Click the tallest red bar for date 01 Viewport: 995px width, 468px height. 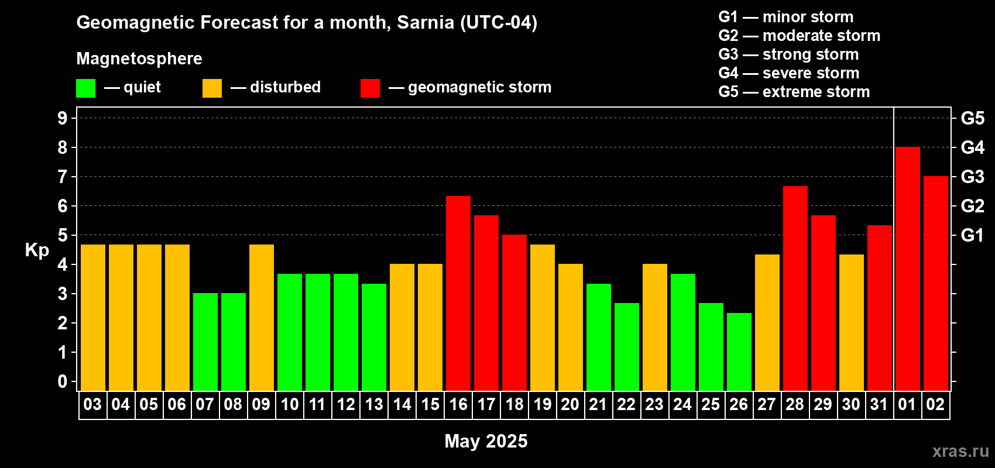click(907, 269)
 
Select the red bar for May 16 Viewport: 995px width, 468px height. click(458, 293)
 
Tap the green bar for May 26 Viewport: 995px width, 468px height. click(739, 352)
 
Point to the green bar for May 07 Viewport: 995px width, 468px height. click(205, 342)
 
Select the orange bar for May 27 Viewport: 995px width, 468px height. click(767, 322)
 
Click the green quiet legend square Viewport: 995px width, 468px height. click(86, 88)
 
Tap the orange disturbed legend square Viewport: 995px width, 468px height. click(212, 88)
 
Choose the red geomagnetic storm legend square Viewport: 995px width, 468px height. click(370, 88)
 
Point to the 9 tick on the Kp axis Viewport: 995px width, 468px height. click(63, 118)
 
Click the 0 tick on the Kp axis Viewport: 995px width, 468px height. click(63, 381)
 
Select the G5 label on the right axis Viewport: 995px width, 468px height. click(972, 118)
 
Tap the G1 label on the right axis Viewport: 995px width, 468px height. click(972, 235)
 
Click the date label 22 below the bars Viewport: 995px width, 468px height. click(626, 404)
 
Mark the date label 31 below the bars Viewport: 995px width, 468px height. click(879, 404)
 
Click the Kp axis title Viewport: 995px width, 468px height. click(37, 250)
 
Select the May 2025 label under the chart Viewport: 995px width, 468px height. click(486, 441)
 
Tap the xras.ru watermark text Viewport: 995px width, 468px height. click(960, 450)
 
